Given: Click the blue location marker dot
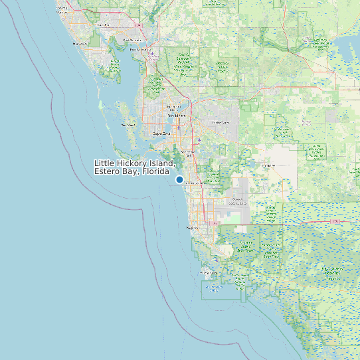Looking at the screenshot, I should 179,179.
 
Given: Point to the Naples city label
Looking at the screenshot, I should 193,228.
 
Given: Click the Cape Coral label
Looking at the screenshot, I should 163,133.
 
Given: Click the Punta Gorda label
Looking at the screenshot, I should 139,49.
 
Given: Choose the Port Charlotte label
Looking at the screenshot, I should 103,25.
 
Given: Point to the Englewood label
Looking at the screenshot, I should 63,11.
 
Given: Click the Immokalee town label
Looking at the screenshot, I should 269,165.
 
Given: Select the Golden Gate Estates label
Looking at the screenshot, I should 238,201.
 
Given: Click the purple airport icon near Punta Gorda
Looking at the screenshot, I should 152,54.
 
